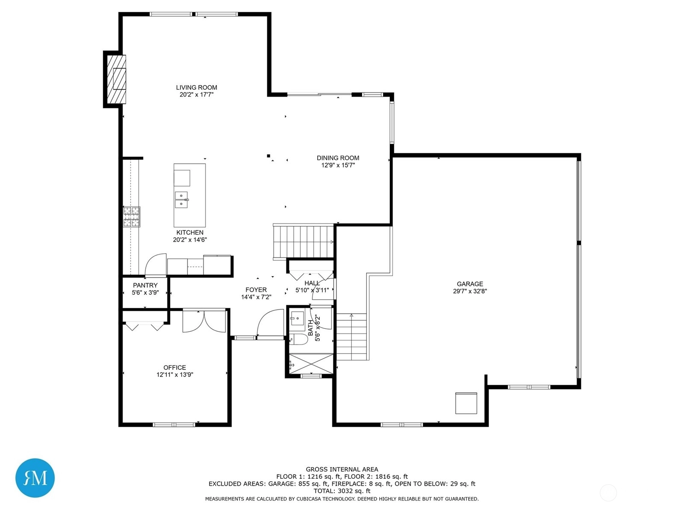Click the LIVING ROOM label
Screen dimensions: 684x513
[x=196, y=88]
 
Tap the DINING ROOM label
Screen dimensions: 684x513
[x=338, y=158]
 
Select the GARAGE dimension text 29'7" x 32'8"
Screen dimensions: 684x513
[x=470, y=291]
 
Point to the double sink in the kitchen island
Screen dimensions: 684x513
[x=181, y=200]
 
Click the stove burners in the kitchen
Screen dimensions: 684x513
[x=132, y=217]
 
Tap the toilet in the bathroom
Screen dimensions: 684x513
[x=298, y=339]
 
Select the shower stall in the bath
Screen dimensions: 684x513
[x=311, y=363]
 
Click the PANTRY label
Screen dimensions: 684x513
[x=145, y=285]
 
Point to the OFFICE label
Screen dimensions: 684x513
[x=174, y=368]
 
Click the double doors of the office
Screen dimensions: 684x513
[x=204, y=321]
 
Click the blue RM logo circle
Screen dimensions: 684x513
[x=35, y=478]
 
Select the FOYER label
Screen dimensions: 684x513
[x=256, y=290]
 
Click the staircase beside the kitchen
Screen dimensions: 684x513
[x=303, y=242]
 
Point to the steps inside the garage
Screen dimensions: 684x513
[x=351, y=337]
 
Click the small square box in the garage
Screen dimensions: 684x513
[x=466, y=403]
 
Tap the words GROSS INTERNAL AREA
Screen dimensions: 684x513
[x=342, y=469]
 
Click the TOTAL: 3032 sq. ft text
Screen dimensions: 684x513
[x=342, y=491]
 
